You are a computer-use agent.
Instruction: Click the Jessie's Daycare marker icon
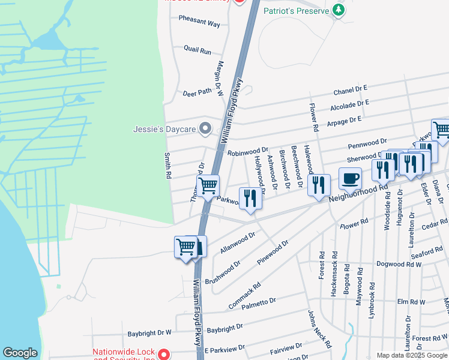[x=205, y=128]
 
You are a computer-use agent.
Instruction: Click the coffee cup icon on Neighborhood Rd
[x=350, y=178]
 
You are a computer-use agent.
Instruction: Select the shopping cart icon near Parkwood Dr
[x=208, y=185]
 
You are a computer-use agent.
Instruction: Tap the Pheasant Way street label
[x=199, y=21]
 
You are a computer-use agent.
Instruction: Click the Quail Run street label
[x=197, y=50]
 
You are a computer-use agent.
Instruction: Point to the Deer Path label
[x=197, y=92]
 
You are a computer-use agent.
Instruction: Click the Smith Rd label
[x=168, y=166]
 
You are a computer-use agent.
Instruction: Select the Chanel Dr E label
[x=350, y=91]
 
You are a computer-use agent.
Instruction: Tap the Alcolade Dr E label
[x=349, y=106]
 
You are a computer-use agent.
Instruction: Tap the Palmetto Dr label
[x=259, y=304]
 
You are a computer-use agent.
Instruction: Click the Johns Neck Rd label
[x=320, y=329]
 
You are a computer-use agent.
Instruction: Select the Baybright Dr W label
[x=149, y=332]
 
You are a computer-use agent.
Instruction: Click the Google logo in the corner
[x=20, y=353]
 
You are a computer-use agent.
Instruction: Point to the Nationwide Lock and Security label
[x=124, y=355]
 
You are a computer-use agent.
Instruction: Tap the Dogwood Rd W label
[x=399, y=263]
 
